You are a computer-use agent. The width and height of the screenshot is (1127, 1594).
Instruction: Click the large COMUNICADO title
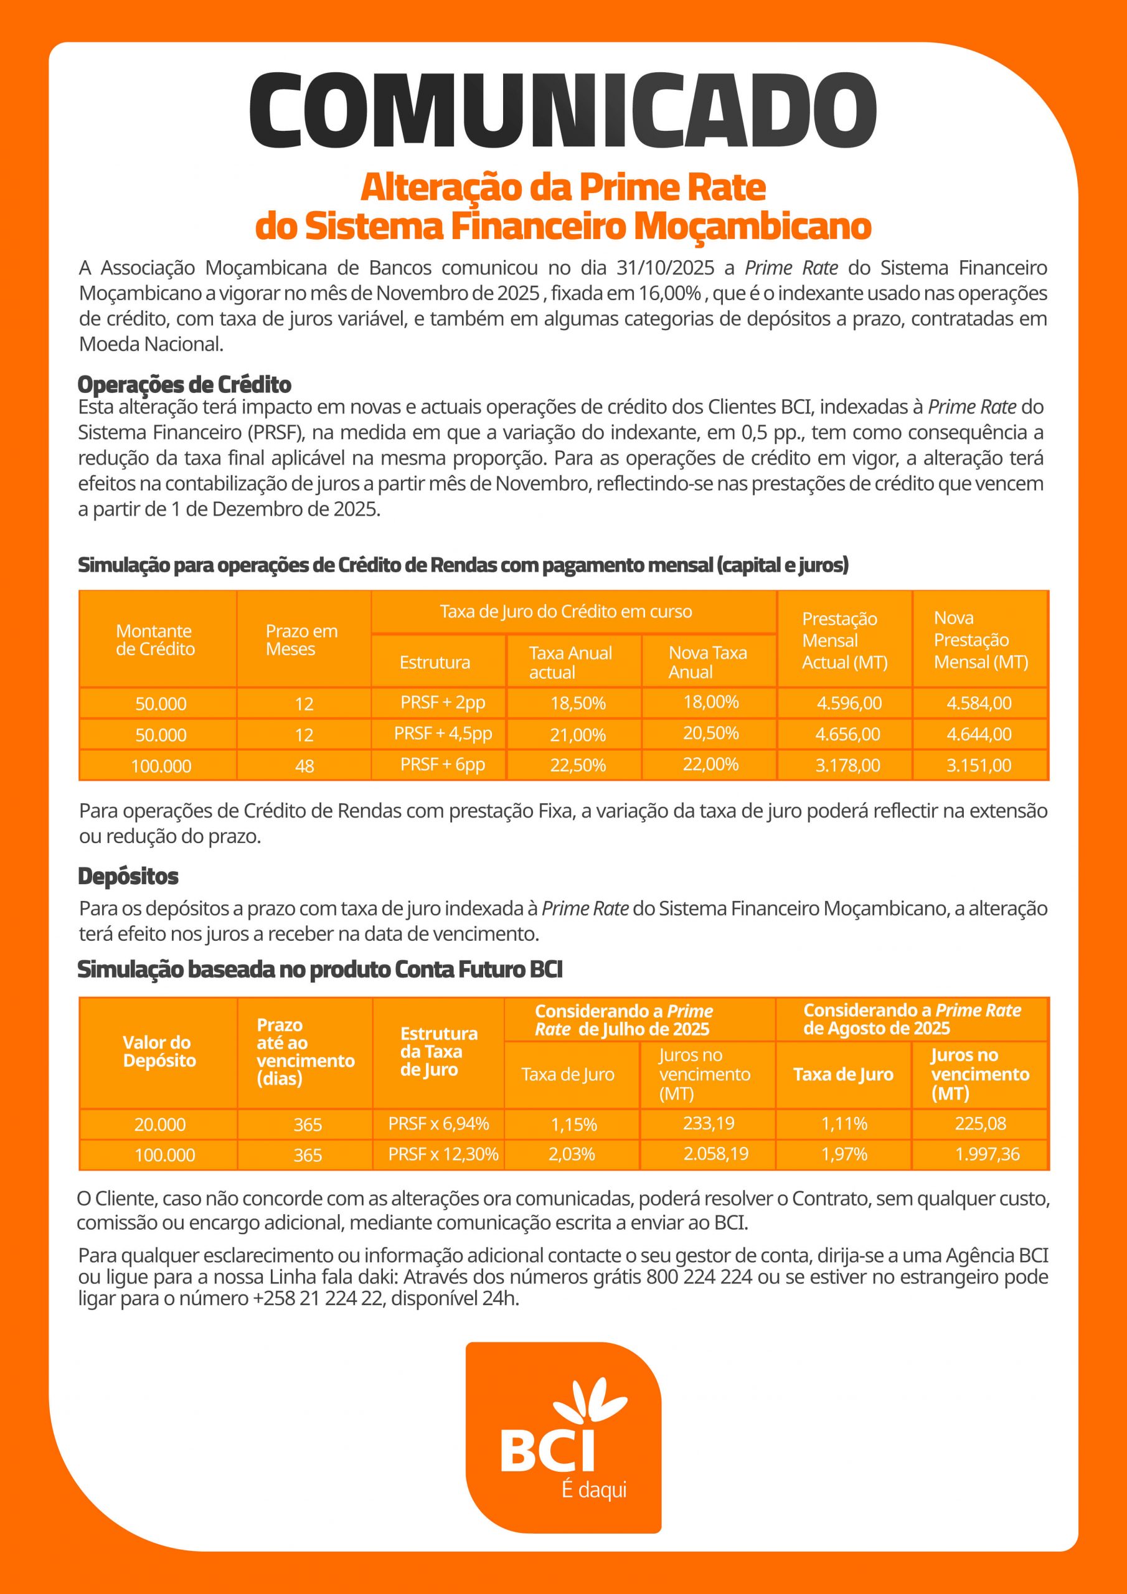562,111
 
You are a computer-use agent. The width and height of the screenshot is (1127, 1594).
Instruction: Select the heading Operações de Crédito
184,384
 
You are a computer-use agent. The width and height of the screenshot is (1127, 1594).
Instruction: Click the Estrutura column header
435,663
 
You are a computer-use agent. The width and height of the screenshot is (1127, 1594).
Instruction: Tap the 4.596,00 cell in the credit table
849,702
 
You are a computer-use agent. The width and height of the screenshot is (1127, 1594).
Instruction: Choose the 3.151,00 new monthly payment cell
978,765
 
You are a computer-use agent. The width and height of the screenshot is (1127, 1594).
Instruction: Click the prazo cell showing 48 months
304,766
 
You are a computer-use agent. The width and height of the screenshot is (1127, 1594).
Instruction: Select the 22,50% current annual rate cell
578,765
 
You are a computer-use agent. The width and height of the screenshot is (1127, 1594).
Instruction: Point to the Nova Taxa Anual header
707,663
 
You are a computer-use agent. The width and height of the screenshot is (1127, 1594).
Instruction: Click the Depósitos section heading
128,876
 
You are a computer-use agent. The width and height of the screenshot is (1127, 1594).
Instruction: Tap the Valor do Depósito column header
159,1051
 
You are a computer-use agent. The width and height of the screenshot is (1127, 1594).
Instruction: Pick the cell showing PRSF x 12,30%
443,1154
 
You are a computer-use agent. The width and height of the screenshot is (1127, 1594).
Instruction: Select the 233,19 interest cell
709,1123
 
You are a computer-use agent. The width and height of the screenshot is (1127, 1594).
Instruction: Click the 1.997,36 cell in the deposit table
987,1154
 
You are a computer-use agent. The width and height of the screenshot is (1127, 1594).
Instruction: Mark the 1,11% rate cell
844,1123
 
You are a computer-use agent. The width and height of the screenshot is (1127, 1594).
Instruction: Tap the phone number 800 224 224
699,1276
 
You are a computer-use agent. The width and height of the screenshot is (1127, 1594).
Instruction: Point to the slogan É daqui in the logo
594,1489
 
